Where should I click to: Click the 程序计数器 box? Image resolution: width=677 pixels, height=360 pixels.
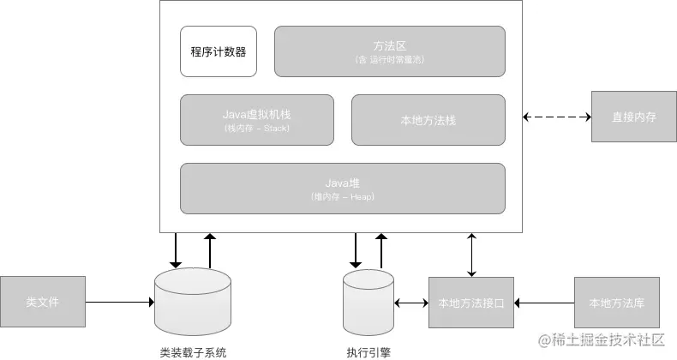[218, 51]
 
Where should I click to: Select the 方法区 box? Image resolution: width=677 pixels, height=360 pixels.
[389, 51]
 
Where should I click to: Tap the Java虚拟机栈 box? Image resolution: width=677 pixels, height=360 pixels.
[257, 119]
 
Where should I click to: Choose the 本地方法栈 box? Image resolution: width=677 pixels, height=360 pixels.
[428, 119]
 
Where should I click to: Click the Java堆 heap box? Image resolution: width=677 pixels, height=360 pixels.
[343, 188]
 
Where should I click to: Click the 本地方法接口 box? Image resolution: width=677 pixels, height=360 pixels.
[470, 302]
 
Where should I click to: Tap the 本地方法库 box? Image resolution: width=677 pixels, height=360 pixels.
[617, 302]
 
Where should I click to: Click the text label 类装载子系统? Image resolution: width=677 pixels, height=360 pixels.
[193, 351]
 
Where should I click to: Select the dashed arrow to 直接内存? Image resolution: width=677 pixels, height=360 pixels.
[557, 117]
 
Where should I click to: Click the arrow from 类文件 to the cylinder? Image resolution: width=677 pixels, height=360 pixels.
[120, 302]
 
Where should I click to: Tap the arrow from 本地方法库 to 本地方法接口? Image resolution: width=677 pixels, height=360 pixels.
[543, 302]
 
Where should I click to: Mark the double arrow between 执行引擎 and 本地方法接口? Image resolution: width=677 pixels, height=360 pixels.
[411, 302]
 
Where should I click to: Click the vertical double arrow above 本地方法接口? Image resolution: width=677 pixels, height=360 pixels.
[470, 254]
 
